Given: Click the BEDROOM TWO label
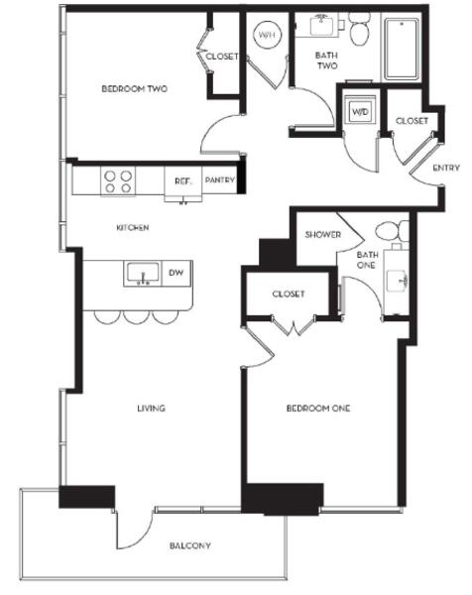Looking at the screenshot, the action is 134,89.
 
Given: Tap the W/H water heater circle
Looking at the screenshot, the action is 267,35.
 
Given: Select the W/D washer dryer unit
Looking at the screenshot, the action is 360,111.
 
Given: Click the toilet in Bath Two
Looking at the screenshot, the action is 359,29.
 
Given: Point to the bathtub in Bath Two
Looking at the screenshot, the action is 402,49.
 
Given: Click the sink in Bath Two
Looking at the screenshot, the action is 322,25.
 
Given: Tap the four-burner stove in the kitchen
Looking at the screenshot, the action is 118,181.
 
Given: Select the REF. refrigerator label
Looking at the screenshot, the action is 182,181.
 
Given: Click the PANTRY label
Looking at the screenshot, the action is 220,179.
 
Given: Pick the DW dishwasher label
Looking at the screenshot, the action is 176,273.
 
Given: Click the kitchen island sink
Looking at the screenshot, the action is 142,274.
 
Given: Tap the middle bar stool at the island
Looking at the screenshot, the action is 136,317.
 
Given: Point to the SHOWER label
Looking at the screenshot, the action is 323,234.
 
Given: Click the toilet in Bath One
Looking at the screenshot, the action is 392,230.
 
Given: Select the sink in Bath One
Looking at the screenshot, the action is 397,282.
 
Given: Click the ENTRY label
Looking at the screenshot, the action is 446,168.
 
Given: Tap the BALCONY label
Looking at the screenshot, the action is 190,545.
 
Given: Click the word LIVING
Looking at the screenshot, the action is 151,409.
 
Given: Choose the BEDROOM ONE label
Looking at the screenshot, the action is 318,409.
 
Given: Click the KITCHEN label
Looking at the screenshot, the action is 133,228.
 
